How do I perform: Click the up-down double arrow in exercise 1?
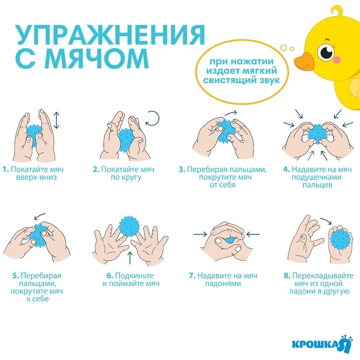point(57,121)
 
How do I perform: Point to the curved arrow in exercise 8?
point(325,221)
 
